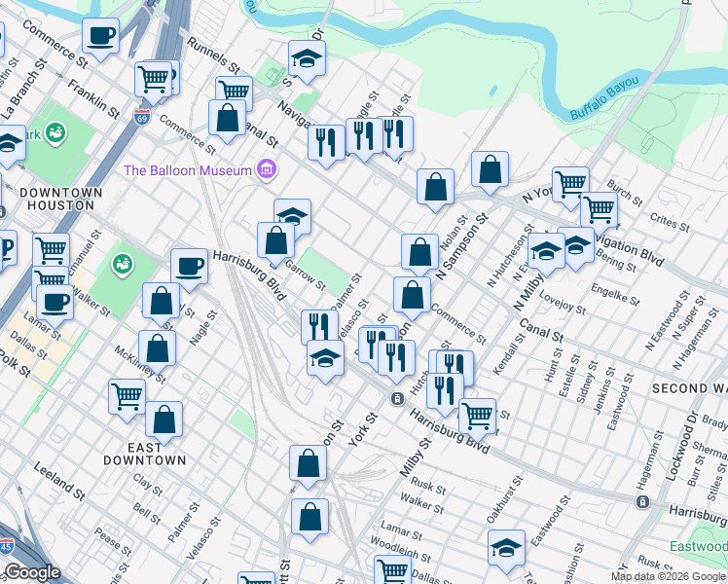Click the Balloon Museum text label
coord(188,171)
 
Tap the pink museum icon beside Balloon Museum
coord(266,171)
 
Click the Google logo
coord(32,572)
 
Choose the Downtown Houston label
coord(60,199)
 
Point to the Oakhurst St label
coord(505,497)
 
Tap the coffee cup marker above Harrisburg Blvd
coord(190,265)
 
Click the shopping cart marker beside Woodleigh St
coord(393,571)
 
